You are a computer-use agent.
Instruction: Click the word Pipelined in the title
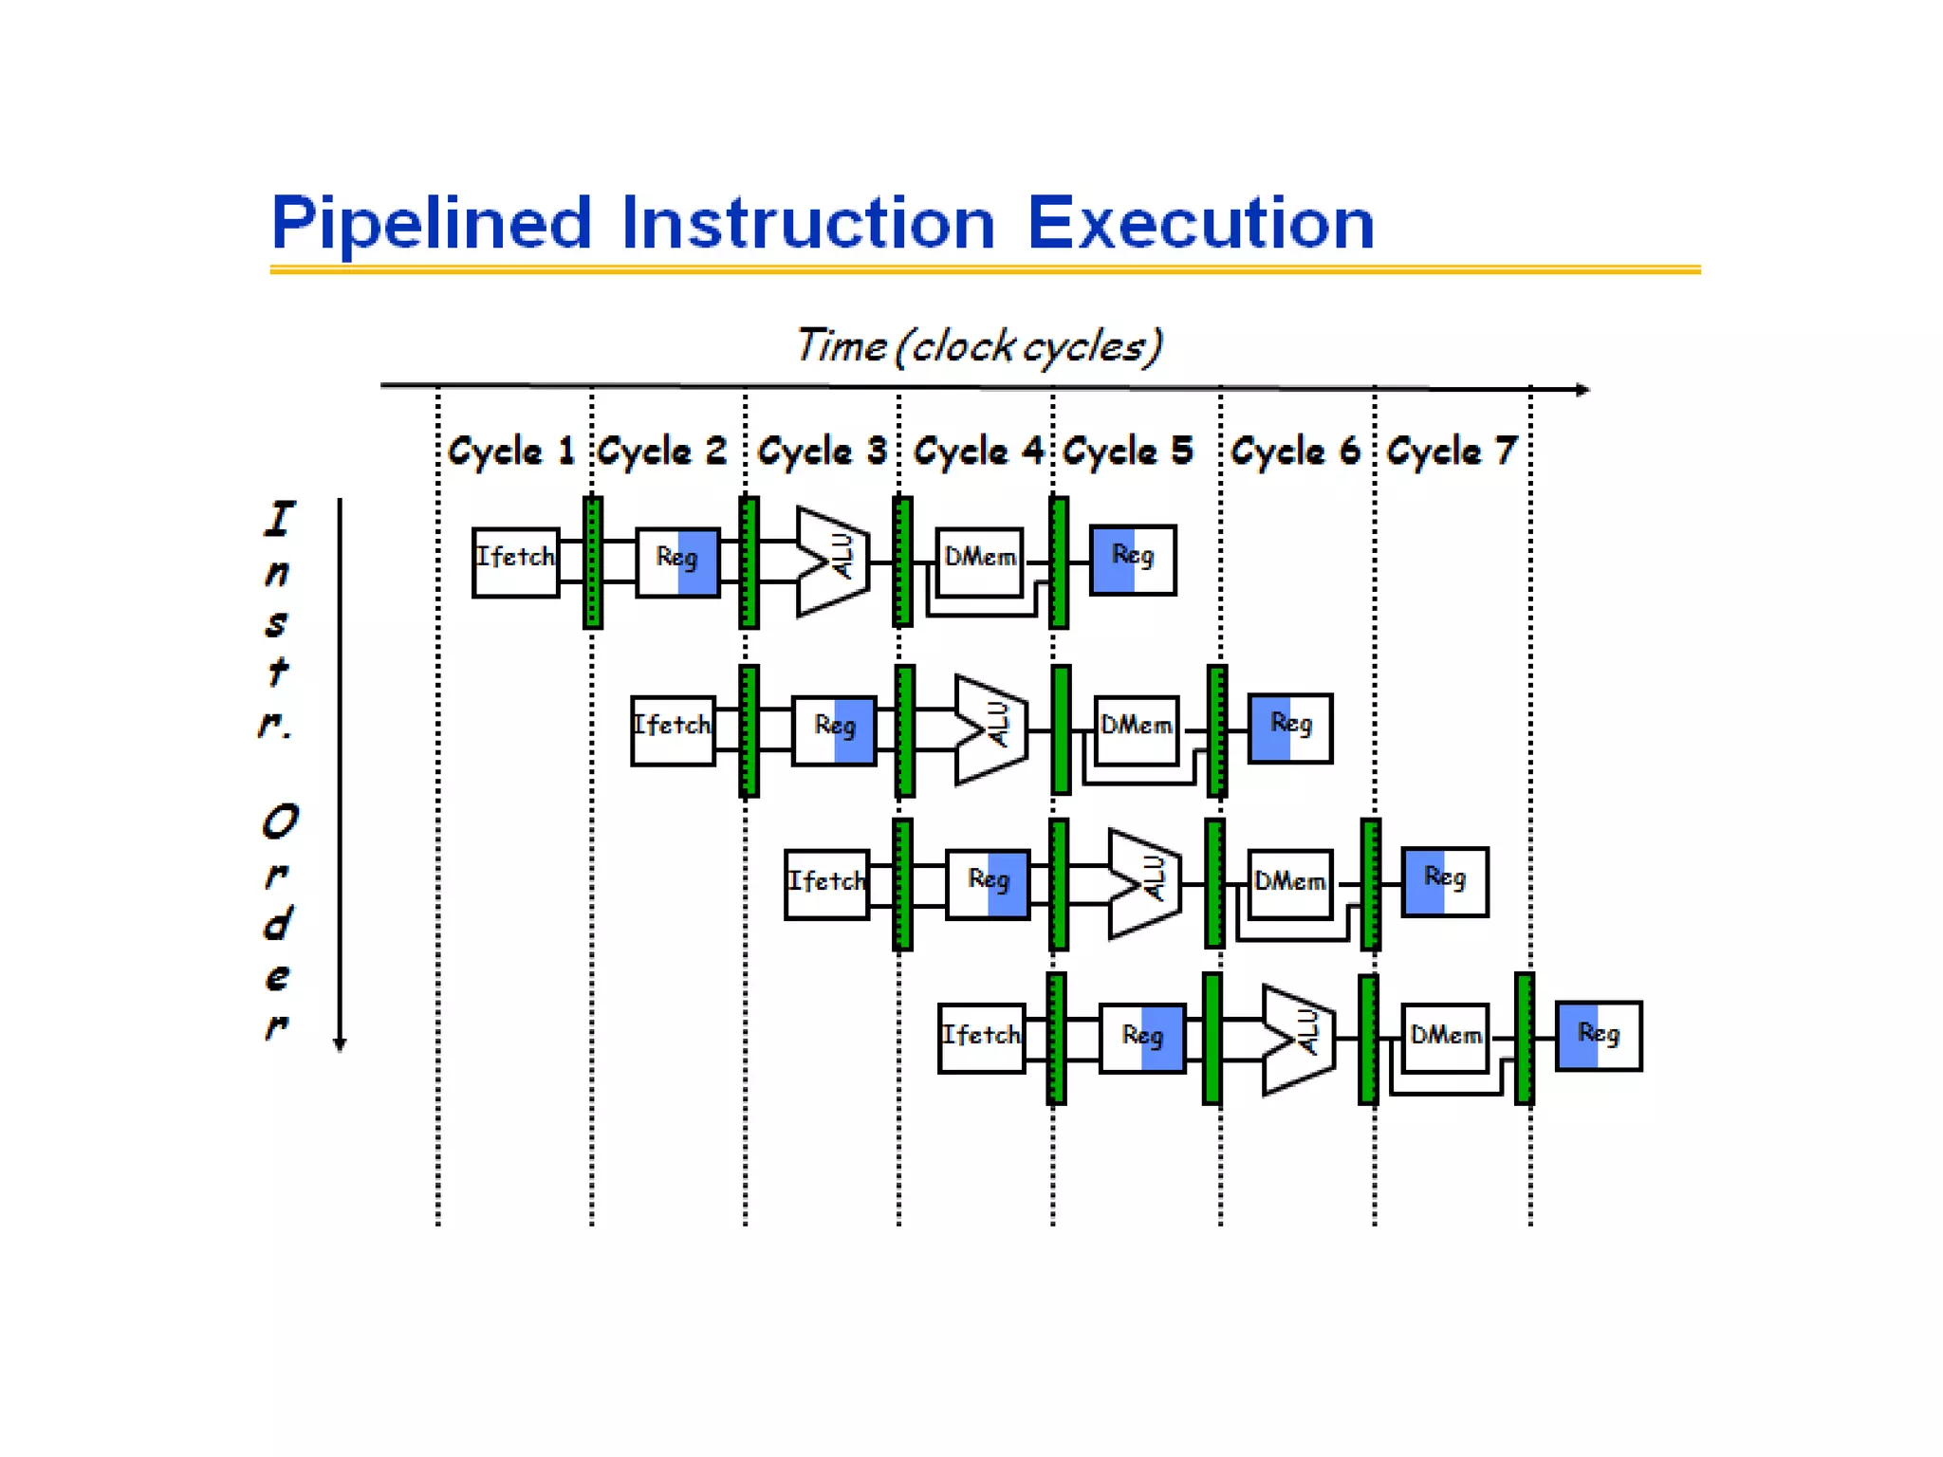pyautogui.click(x=432, y=223)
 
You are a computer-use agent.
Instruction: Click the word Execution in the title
pyautogui.click(x=1200, y=223)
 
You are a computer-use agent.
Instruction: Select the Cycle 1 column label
pyautogui.click(x=511, y=451)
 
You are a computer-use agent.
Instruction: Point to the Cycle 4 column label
pyautogui.click(x=977, y=451)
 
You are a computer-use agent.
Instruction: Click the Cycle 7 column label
pyautogui.click(x=1452, y=451)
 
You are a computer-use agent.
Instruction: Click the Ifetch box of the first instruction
pyautogui.click(x=515, y=562)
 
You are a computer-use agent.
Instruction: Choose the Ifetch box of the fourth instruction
pyautogui.click(x=981, y=1038)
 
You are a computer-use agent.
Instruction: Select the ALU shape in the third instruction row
pyautogui.click(x=1144, y=883)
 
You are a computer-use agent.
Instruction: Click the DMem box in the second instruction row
pyautogui.click(x=1136, y=728)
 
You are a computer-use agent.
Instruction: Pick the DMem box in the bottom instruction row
pyautogui.click(x=1444, y=1037)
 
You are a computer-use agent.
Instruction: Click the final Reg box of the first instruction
pyautogui.click(x=1132, y=560)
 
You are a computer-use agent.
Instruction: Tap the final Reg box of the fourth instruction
pyautogui.click(x=1598, y=1036)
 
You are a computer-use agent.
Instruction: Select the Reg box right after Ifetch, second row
pyautogui.click(x=834, y=729)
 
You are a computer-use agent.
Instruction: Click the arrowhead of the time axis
pyautogui.click(x=1582, y=389)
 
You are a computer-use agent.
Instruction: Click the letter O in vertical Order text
pyautogui.click(x=280, y=821)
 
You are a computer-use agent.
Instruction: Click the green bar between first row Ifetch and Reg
pyautogui.click(x=592, y=562)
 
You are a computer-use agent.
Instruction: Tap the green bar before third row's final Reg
pyautogui.click(x=1370, y=884)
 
